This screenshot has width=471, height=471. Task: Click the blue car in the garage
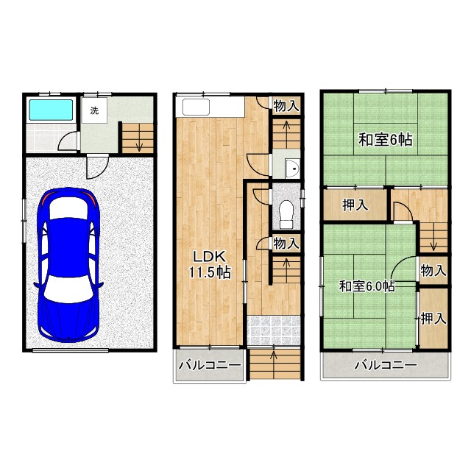coord(68,264)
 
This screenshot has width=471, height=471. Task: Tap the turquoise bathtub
coord(51,110)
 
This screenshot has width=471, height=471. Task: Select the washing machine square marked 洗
coord(94,110)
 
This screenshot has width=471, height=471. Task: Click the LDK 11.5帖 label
coord(209,265)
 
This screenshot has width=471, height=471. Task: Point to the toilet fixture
coord(286,214)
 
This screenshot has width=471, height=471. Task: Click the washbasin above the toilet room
coord(292,169)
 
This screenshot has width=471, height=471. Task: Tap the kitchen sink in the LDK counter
coord(196,107)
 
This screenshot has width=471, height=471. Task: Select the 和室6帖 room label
coord(386,139)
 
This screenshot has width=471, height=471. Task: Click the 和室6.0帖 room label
coord(366,286)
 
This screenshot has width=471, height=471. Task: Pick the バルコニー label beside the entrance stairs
coord(210,366)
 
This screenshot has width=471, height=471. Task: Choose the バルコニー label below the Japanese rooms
coord(386,365)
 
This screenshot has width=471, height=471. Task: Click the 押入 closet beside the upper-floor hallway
coord(355,205)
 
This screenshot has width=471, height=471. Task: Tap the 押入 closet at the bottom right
coord(433,319)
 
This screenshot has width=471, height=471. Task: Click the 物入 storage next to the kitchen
coord(286,106)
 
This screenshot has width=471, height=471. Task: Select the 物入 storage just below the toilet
coord(286,243)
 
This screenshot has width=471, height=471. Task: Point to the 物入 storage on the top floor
coord(433,270)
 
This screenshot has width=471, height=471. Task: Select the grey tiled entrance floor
coord(274,330)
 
